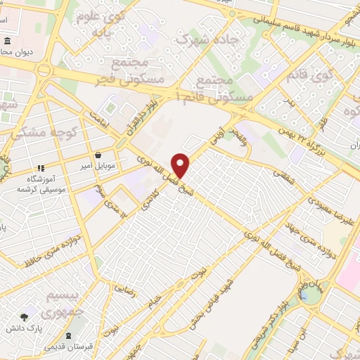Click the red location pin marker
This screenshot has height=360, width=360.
[181, 165]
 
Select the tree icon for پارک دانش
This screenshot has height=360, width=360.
[26, 318]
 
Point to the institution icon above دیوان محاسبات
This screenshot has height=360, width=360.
[7, 41]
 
